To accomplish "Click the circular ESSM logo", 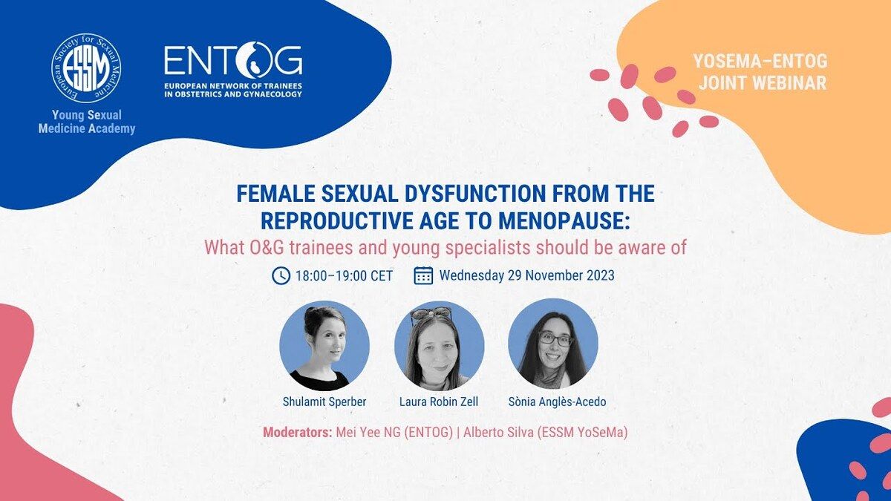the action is (86, 68).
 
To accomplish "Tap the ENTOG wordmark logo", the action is (233, 59).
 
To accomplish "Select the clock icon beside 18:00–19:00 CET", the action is (281, 275).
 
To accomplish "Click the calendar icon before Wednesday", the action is (423, 275).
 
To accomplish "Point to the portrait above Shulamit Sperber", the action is (324, 346).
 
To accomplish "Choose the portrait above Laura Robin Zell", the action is (439, 346).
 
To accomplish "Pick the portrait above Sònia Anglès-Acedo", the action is (553, 344).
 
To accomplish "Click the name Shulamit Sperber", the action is (324, 402).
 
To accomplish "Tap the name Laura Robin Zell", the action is (439, 402).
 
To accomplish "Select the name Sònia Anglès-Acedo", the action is (558, 402).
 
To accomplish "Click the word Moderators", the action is (298, 432).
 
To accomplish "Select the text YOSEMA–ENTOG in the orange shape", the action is (760, 61).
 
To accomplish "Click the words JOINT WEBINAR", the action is (763, 83).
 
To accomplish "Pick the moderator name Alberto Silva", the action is (498, 432).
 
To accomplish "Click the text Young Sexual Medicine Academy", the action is (87, 122).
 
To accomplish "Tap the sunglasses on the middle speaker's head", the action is (431, 314).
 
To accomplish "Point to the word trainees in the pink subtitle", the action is (321, 247).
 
